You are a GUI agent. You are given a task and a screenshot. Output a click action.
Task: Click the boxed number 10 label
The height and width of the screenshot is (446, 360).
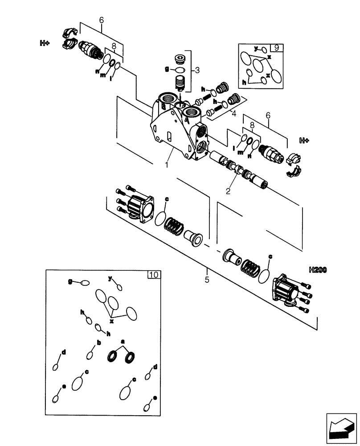(153, 275)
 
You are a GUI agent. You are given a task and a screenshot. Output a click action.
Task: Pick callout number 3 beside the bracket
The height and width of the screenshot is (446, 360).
(198, 70)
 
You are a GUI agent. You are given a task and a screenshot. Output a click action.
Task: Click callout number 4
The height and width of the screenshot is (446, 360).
(233, 114)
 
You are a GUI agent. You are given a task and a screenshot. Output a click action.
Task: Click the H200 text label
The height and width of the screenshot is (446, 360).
(317, 270)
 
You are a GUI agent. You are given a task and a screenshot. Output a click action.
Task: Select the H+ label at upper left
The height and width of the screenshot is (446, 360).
(45, 43)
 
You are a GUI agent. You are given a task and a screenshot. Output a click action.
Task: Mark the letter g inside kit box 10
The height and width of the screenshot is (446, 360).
(70, 281)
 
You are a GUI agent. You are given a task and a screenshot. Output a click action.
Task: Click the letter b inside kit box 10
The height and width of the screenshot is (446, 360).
(98, 343)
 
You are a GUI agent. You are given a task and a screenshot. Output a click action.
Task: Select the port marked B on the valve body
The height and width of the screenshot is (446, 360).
(164, 107)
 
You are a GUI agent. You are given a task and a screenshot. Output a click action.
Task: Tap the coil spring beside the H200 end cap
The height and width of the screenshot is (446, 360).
(250, 268)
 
